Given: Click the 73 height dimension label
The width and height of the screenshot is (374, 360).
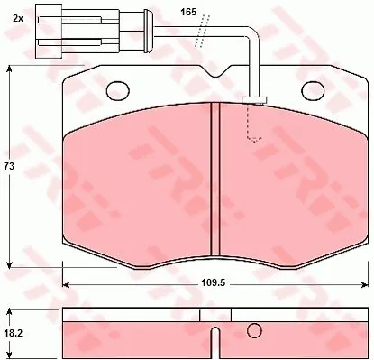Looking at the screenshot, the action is [x=9, y=166].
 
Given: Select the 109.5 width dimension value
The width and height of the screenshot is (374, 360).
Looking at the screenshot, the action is [x=213, y=283].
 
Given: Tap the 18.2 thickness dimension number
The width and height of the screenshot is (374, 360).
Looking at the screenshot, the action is [x=13, y=333].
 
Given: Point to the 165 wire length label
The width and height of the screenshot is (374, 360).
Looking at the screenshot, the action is [x=188, y=12].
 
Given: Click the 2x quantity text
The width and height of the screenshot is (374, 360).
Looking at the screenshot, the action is [x=18, y=19].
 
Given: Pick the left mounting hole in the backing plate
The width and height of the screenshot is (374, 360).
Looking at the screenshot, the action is [x=118, y=90].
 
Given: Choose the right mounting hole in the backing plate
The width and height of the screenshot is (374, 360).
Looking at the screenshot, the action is [x=313, y=90].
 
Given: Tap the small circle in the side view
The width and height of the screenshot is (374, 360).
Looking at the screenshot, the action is [x=254, y=330].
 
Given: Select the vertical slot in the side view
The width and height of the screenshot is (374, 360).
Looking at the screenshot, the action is [x=215, y=344].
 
